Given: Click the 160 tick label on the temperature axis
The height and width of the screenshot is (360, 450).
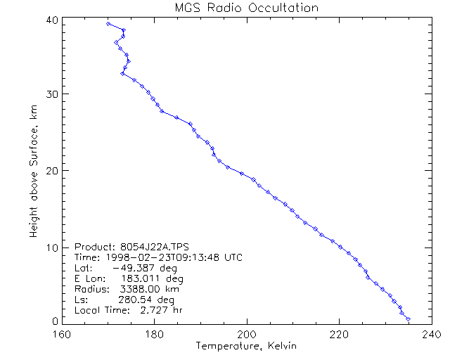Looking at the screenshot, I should (62, 334).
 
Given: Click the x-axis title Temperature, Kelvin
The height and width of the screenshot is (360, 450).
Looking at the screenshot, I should (246, 346).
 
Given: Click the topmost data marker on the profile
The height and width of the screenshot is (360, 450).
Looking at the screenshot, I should (108, 24).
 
